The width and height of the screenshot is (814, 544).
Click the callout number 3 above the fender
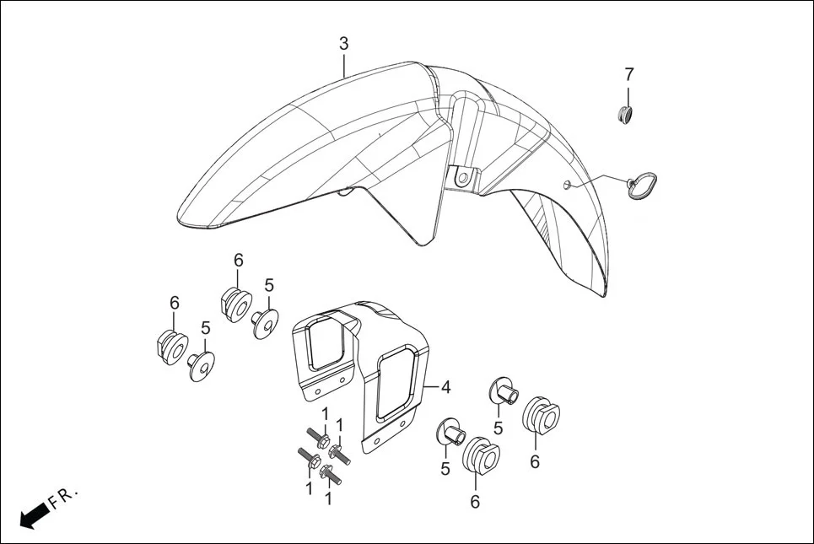click(343, 43)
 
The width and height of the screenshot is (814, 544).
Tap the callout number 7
click(629, 74)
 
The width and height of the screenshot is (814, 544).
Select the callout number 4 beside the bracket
click(445, 387)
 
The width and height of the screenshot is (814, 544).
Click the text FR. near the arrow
click(63, 499)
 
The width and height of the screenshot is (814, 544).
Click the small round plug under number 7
click(625, 114)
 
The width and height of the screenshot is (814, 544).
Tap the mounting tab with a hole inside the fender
click(462, 178)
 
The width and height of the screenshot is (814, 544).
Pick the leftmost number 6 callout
click(175, 303)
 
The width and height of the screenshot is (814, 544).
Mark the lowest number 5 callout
click(445, 468)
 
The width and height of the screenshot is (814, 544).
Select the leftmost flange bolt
click(305, 457)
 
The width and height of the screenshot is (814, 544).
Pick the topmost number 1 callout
click(325, 414)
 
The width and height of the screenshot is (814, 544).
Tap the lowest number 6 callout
click(475, 501)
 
